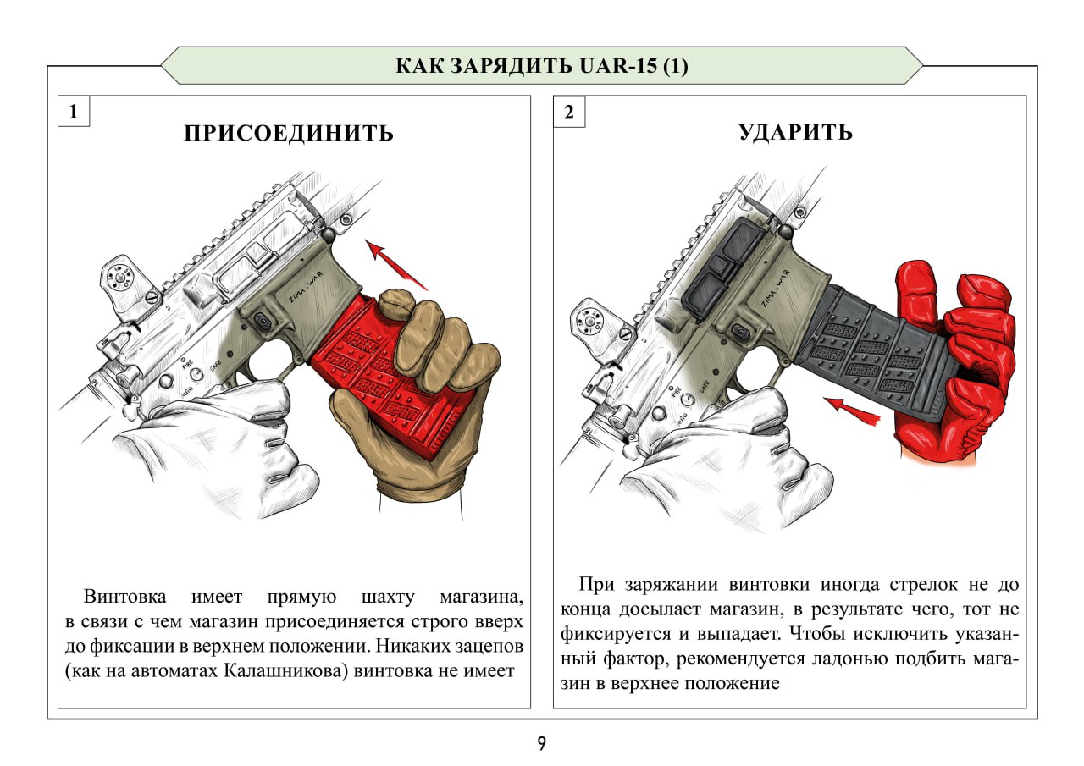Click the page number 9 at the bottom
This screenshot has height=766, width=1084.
click(x=541, y=744)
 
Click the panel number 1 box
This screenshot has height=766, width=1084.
click(x=74, y=112)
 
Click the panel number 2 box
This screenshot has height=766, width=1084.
click(x=569, y=112)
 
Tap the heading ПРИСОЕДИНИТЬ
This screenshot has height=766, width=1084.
click(x=289, y=134)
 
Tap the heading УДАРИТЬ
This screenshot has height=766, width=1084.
click(x=795, y=133)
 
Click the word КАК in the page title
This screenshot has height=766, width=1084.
click(x=421, y=66)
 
